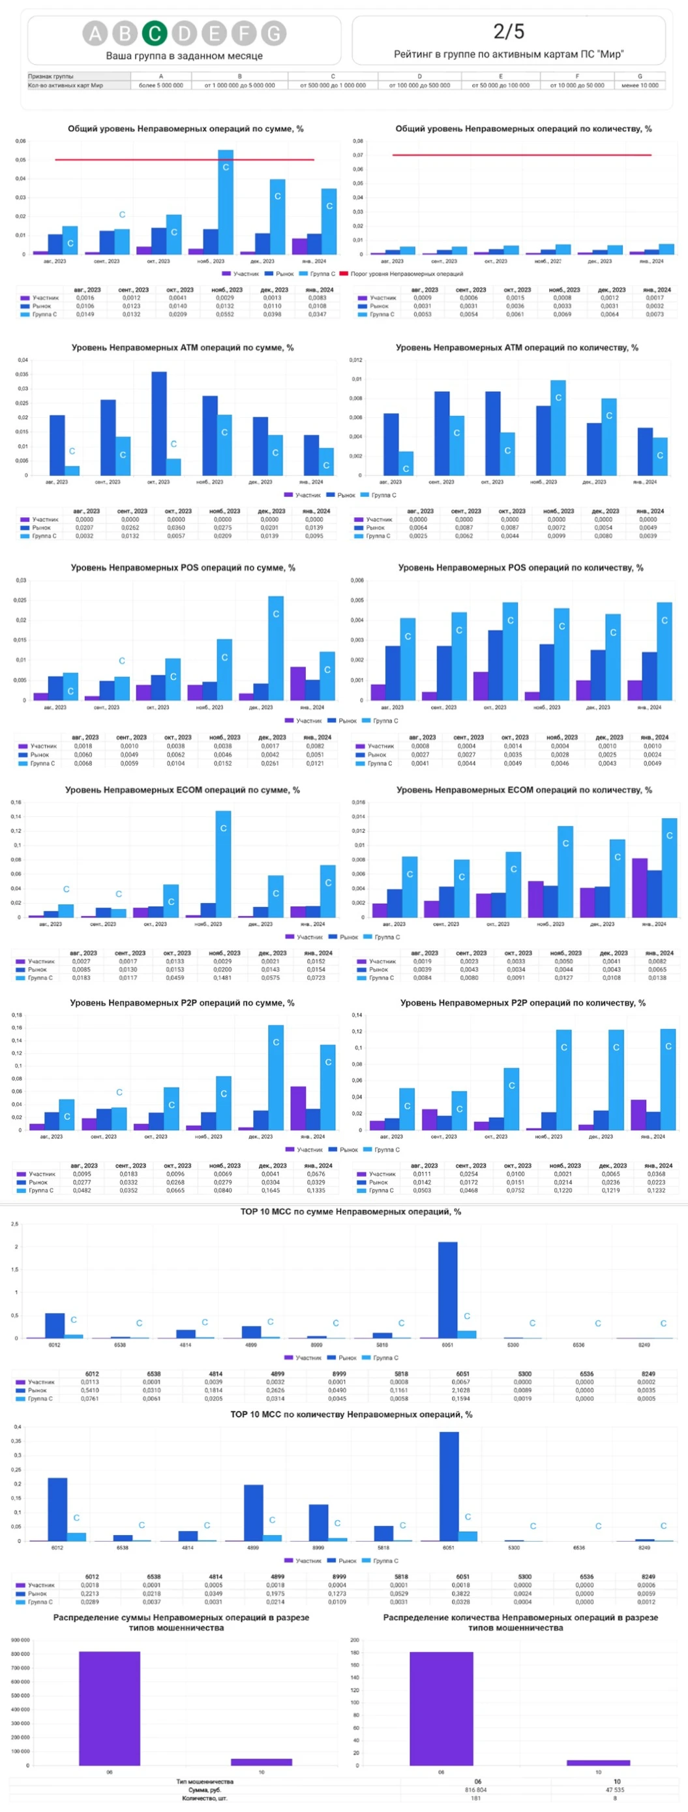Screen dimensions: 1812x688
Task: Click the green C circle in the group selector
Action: coord(155,33)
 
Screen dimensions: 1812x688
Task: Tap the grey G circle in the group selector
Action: coord(273,33)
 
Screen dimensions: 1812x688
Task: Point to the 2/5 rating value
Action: coord(508,31)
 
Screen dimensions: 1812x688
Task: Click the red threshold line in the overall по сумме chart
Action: coord(141,160)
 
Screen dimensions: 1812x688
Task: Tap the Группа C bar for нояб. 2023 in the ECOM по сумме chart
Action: coord(224,864)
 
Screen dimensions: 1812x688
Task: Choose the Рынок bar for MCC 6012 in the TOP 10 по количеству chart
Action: coord(57,1510)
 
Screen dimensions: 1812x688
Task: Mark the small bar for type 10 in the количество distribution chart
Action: coord(598,1763)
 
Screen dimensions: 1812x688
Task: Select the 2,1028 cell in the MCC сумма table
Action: coord(461,1390)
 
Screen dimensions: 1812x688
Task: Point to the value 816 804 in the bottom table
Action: coord(476,1790)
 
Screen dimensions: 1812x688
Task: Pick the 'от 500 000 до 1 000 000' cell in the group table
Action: coord(333,85)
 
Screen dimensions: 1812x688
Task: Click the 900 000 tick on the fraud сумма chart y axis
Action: coord(20,1640)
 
